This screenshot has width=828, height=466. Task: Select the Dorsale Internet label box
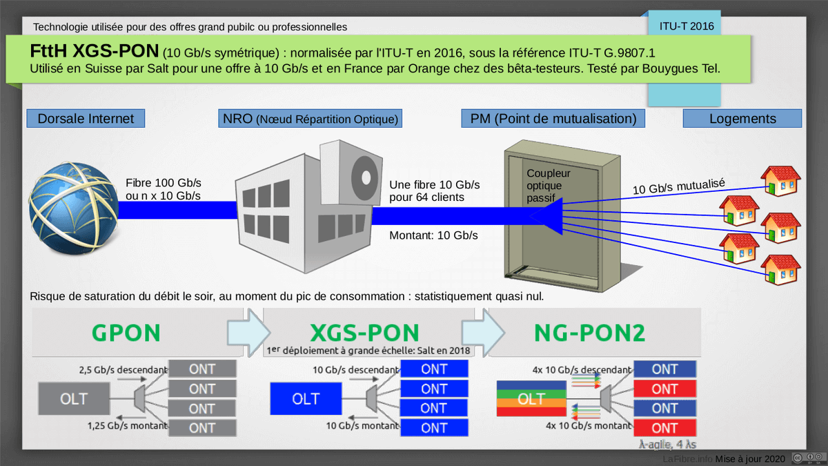coord(86,119)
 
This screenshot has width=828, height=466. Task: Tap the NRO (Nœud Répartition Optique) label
coord(310,119)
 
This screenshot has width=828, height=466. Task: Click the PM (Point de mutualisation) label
coord(553,119)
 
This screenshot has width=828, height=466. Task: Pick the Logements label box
coord(742,119)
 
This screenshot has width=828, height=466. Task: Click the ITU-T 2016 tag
coord(686,27)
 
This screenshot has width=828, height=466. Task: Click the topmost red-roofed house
coord(781,181)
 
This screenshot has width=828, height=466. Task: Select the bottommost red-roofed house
coord(781,270)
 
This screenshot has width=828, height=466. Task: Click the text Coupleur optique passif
coord(544,186)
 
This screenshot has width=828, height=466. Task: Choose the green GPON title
coord(126,333)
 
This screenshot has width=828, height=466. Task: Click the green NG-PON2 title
coord(589,333)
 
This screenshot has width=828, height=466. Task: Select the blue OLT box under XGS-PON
coord(306,399)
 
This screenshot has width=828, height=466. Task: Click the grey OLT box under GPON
coord(74,399)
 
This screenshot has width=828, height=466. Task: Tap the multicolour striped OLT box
coord(531,399)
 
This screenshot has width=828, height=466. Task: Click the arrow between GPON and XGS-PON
coord(245,329)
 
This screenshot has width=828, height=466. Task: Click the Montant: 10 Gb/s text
coord(433,235)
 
